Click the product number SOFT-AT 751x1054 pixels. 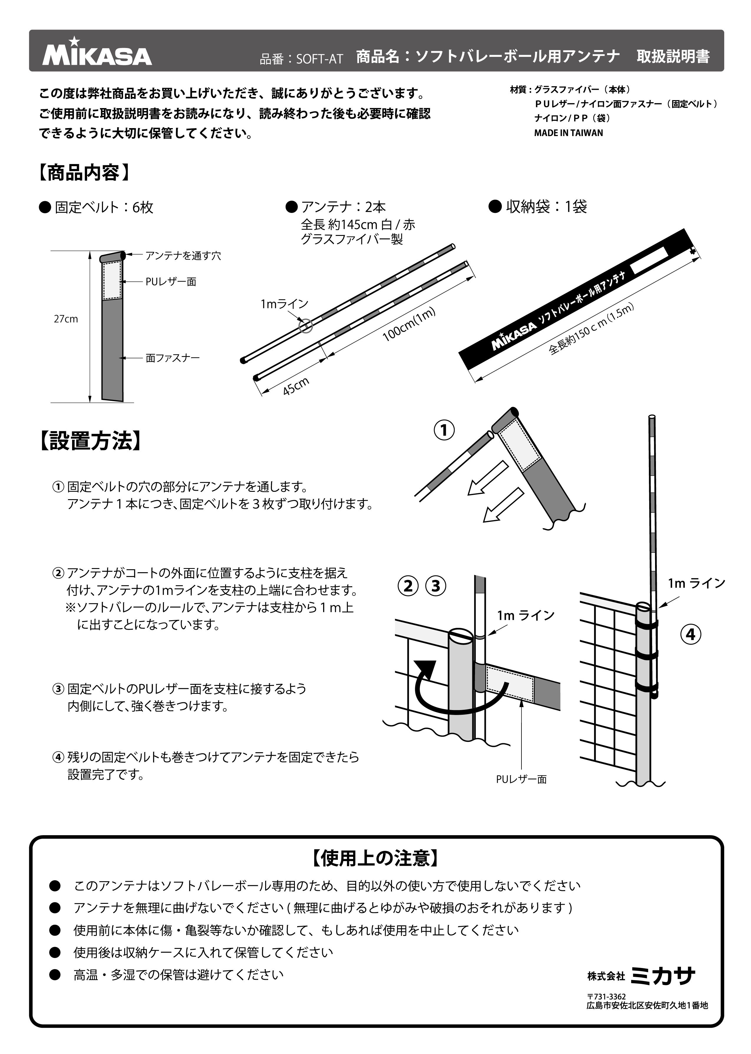click(x=319, y=59)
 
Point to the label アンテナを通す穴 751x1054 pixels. click(x=183, y=256)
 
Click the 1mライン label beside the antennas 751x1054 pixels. click(x=284, y=304)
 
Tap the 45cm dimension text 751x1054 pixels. click(x=296, y=386)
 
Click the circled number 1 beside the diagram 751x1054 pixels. click(x=444, y=430)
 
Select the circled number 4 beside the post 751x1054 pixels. click(x=690, y=634)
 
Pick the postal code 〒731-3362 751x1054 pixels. click(x=606, y=997)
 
